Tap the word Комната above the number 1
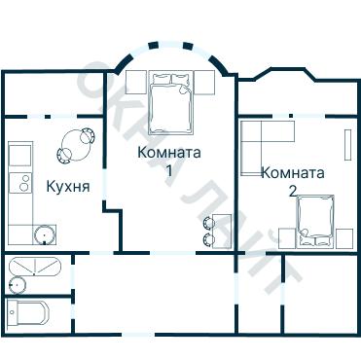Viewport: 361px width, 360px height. (x=169, y=152)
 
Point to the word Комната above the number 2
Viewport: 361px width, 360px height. (x=292, y=172)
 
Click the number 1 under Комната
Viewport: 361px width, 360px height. (x=169, y=170)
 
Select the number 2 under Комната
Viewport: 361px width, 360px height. (x=292, y=191)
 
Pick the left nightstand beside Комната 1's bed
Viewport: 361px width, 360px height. (x=135, y=80)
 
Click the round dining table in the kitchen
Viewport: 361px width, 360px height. (x=76, y=146)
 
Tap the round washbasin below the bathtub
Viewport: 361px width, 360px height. (x=17, y=284)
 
